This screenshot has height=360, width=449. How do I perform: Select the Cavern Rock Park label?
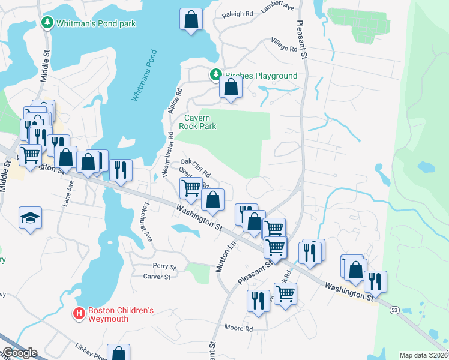200,122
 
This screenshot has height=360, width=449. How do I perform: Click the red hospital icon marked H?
78,313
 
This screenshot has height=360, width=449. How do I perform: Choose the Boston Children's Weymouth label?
121,315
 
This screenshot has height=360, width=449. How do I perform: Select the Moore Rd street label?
238,328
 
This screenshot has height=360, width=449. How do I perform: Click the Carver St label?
157,277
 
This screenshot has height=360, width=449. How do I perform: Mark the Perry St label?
164,266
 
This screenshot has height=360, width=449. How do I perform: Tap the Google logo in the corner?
19,352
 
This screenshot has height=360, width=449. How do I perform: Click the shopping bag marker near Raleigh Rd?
191,19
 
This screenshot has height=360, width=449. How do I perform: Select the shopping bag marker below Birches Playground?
231,86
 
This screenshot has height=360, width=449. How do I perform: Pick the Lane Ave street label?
67,196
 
